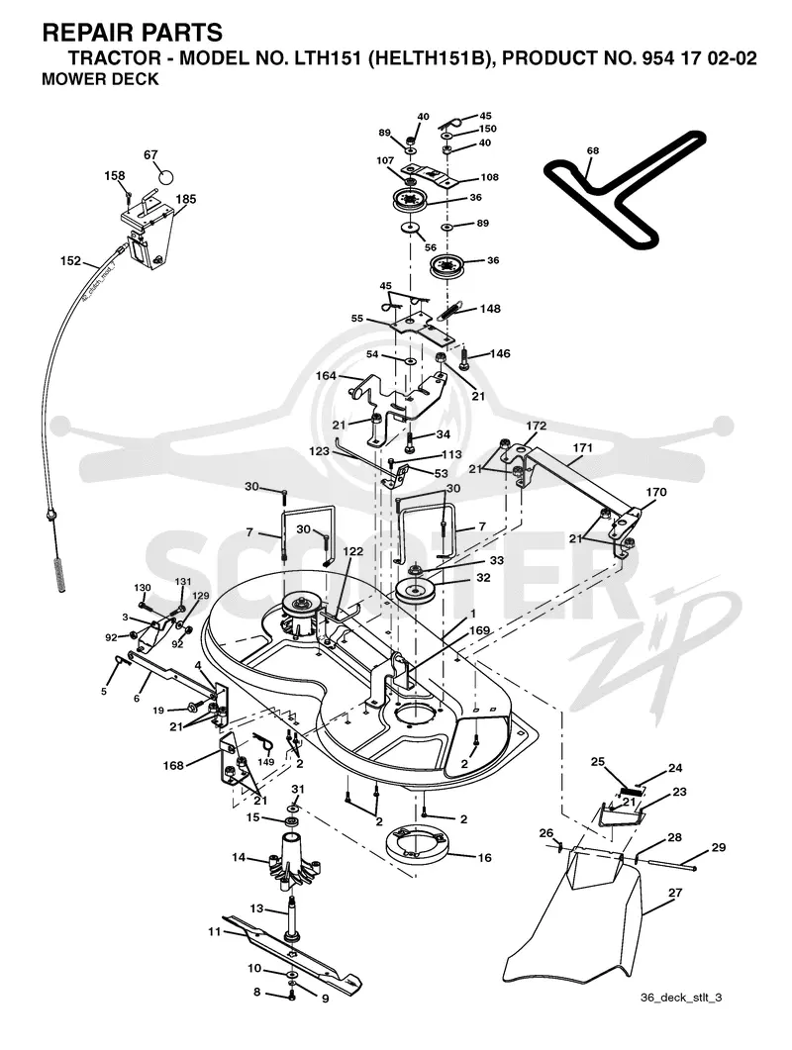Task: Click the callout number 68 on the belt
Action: pos(592,150)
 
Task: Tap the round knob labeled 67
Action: pos(164,177)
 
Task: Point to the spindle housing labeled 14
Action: pos(293,862)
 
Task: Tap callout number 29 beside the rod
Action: pos(719,848)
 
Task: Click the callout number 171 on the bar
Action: pos(582,447)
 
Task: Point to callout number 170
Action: pos(655,492)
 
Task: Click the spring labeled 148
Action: pos(453,311)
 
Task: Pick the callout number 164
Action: pos(326,376)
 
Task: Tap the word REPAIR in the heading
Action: pos(86,32)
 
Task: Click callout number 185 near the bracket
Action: pos(185,199)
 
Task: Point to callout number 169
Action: pos(480,630)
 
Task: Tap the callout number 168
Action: pos(173,765)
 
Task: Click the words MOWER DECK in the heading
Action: pos(101,79)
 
